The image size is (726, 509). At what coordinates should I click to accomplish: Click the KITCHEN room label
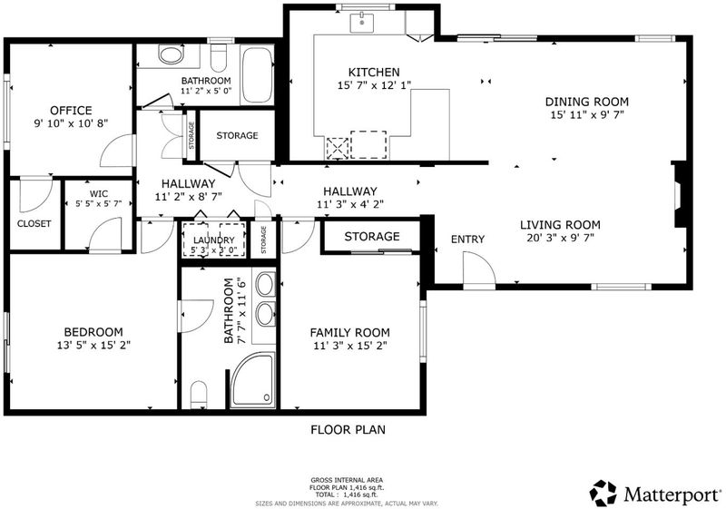pyautogui.click(x=374, y=73)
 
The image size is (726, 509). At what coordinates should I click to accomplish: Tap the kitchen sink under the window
pyautogui.click(x=361, y=23)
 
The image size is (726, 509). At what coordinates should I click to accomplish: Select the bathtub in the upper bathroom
pyautogui.click(x=257, y=74)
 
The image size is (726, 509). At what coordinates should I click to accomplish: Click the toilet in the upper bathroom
pyautogui.click(x=218, y=57)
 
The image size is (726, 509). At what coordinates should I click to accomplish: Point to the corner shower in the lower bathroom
pyautogui.click(x=253, y=379)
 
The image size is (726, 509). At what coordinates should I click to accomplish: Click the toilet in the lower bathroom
pyautogui.click(x=199, y=395)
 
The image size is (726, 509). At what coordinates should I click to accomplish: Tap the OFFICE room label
pyautogui.click(x=71, y=111)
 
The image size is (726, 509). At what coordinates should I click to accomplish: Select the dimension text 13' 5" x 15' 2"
pyautogui.click(x=93, y=345)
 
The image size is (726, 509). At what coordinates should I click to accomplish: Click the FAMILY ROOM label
pyautogui.click(x=349, y=333)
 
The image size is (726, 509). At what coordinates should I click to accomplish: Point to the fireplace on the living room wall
pyautogui.click(x=679, y=194)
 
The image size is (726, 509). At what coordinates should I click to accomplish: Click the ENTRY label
pyautogui.click(x=467, y=240)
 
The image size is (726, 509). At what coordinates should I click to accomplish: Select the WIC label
pyautogui.click(x=99, y=194)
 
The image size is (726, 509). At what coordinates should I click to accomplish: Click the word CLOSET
pyautogui.click(x=34, y=223)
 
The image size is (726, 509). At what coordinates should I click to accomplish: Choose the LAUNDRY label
pyautogui.click(x=213, y=240)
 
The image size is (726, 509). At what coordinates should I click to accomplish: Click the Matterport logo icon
pyautogui.click(x=603, y=494)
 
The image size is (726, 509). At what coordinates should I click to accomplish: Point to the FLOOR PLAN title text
pyautogui.click(x=348, y=430)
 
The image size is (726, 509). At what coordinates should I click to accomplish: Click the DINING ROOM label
pyautogui.click(x=586, y=102)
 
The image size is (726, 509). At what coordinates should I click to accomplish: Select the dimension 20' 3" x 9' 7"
pyautogui.click(x=560, y=238)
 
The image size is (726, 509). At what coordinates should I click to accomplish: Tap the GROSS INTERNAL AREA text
pyautogui.click(x=347, y=480)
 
